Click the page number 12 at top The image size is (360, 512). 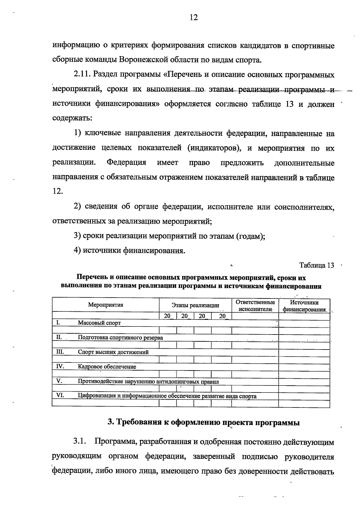coord(194,18)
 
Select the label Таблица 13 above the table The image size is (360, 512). coord(317,265)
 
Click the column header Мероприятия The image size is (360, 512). coord(106,305)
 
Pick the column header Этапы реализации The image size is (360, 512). coord(195,305)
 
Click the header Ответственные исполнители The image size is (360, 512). coord(255,306)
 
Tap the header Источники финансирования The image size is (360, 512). coord(304,306)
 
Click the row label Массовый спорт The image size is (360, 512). coord(99,323)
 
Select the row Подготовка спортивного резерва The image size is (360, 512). coord(120,338)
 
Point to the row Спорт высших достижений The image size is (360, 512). coord(113,352)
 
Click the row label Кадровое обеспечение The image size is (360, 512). coord(107,367)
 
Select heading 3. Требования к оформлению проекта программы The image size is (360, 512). coord(204,423)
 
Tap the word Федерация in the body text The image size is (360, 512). coord(126,163)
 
